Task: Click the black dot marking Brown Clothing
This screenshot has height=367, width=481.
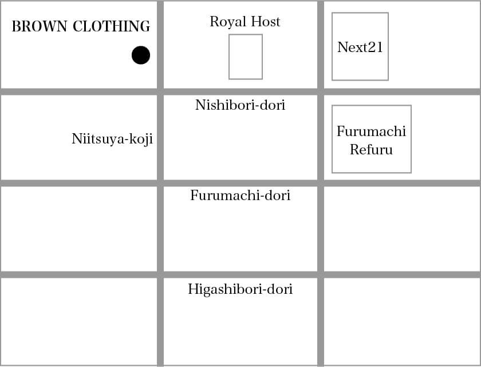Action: pos(141,55)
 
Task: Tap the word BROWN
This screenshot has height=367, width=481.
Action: pos(40,26)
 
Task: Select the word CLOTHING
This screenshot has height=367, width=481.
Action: pos(112,26)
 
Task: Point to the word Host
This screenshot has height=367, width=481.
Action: pos(266,22)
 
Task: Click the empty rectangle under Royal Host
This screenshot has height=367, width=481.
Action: pos(246,57)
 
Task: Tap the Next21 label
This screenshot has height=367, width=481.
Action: pos(360,47)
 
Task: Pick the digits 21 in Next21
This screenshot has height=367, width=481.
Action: pos(376,47)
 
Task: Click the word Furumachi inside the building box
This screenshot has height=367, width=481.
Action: pos(371,131)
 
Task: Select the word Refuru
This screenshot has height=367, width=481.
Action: pos(371,150)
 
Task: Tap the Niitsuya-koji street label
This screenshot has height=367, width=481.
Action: pos(112,139)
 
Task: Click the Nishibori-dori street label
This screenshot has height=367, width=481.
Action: pos(240,105)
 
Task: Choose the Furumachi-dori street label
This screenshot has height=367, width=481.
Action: pos(240,196)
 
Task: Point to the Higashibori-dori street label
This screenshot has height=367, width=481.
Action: pos(240,289)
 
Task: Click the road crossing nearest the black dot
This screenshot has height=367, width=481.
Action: pos(160,91)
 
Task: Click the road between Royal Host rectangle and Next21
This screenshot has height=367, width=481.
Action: pos(321,45)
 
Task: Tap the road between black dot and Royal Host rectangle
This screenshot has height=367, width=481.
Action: pos(160,45)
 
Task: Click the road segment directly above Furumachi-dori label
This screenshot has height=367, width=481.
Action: pos(240,183)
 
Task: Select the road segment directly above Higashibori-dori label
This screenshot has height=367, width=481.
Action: pos(240,274)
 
